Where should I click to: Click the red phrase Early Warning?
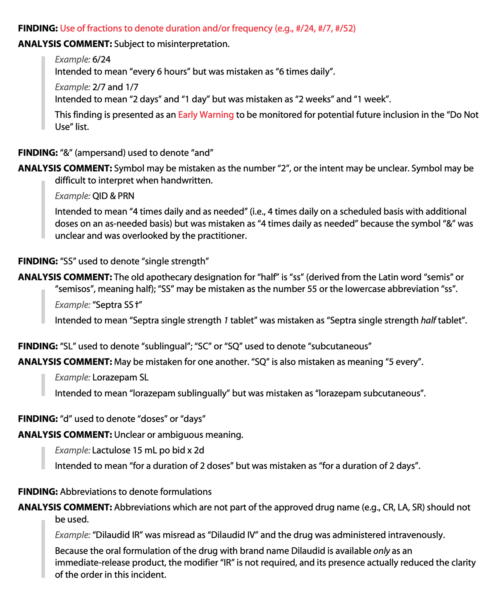[206, 115]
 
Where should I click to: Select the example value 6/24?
[101, 60]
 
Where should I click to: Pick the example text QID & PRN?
[113, 196]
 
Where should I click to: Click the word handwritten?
[187, 181]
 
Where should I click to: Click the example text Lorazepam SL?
[120, 377]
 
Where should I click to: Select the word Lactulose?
[111, 450]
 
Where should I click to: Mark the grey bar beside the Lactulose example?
[43, 458]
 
